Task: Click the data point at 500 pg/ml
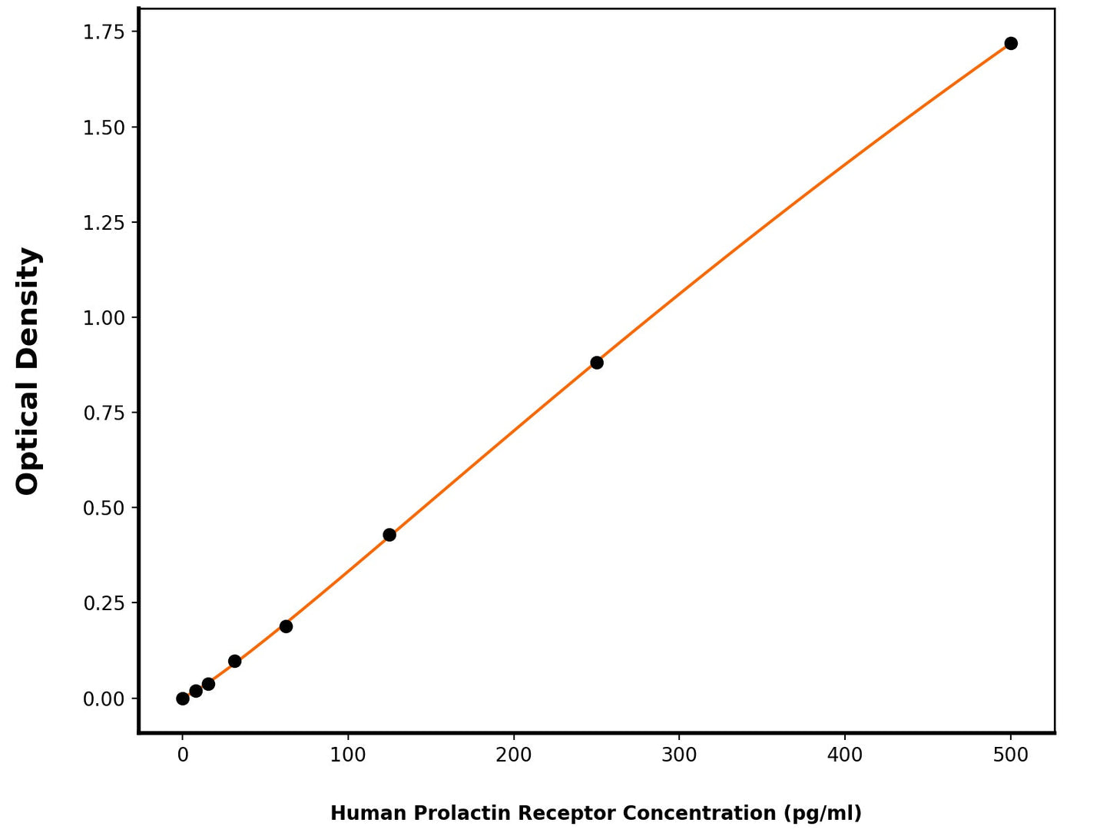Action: pos(1011,43)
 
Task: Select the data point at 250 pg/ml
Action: pos(597,363)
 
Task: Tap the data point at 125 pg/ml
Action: pos(389,535)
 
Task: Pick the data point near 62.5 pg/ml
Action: pos(286,626)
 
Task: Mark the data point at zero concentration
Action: pos(183,699)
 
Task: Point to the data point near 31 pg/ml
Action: pos(235,661)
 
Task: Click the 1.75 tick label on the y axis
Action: pos(104,32)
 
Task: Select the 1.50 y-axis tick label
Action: pos(104,127)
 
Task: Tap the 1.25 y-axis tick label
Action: pos(104,222)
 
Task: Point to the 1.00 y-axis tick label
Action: pos(104,317)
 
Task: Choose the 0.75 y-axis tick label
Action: pos(104,413)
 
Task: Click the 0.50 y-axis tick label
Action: pos(104,508)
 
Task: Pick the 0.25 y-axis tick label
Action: pos(104,603)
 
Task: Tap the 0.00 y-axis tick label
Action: pos(104,699)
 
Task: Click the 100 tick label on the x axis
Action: pos(348,755)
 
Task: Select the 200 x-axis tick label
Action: pos(514,755)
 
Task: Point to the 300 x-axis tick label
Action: pos(679,755)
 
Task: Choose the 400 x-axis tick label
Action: pos(845,755)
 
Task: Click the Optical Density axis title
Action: pos(28,370)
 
